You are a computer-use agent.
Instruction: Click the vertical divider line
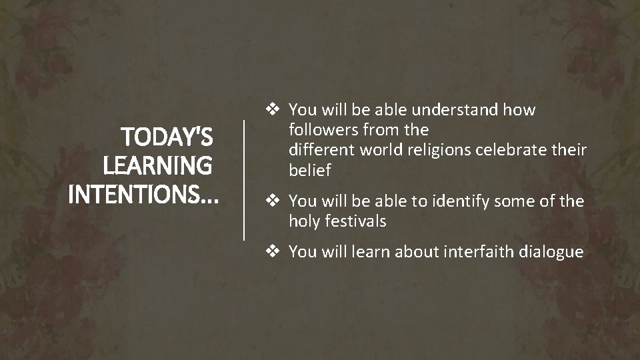click(x=244, y=180)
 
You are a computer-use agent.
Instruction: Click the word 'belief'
click(x=309, y=170)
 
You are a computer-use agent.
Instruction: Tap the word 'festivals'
click(x=355, y=221)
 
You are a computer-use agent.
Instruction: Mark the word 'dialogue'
click(x=551, y=253)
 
